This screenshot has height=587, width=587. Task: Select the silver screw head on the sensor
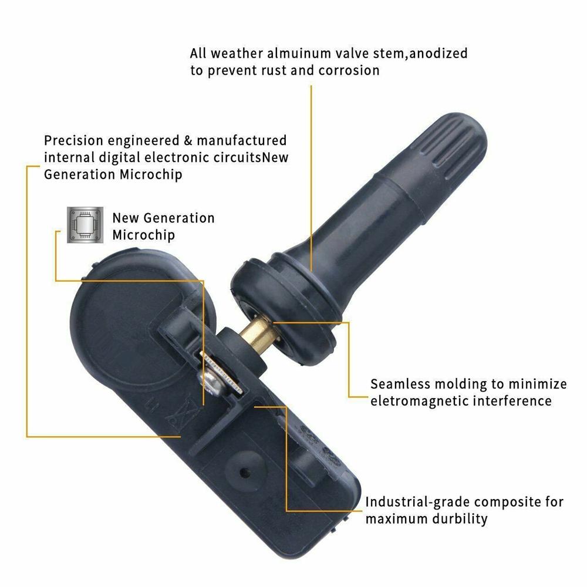tap(212, 382)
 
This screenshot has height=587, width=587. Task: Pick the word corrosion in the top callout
tap(349, 70)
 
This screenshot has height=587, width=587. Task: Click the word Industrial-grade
tap(417, 502)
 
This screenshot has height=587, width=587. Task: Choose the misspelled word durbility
tap(458, 519)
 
